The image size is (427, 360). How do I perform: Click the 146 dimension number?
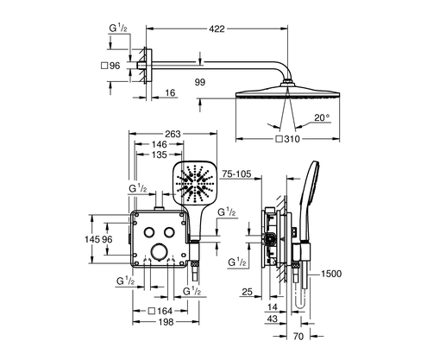[160, 146]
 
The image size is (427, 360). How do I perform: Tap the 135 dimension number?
[160, 157]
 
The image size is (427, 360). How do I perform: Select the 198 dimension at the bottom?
[164, 322]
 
